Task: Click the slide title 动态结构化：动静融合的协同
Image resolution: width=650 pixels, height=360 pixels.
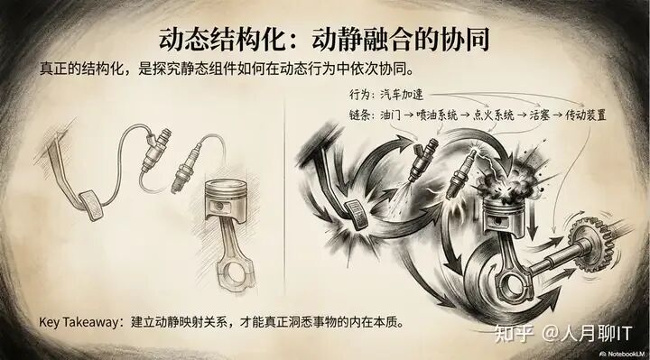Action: pos(324,40)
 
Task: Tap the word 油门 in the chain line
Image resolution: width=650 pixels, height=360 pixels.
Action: pos(391,115)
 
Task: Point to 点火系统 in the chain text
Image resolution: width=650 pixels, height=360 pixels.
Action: pos(493,115)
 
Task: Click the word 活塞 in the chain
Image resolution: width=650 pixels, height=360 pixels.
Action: pos(540,115)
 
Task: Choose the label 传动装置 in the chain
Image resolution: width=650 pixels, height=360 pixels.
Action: pos(586,115)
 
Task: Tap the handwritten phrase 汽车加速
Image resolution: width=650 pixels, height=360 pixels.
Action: pos(402,95)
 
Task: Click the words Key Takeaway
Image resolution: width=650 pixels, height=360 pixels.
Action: pos(79,322)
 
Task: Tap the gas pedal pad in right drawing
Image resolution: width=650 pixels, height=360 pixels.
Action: pos(357,214)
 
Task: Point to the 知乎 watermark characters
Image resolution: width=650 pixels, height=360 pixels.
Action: pos(514,334)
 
